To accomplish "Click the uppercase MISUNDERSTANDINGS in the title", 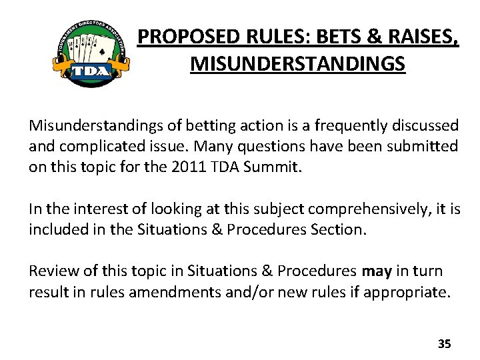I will [297, 65].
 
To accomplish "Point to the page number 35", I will [444, 344].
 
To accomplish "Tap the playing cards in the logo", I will [90, 47].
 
